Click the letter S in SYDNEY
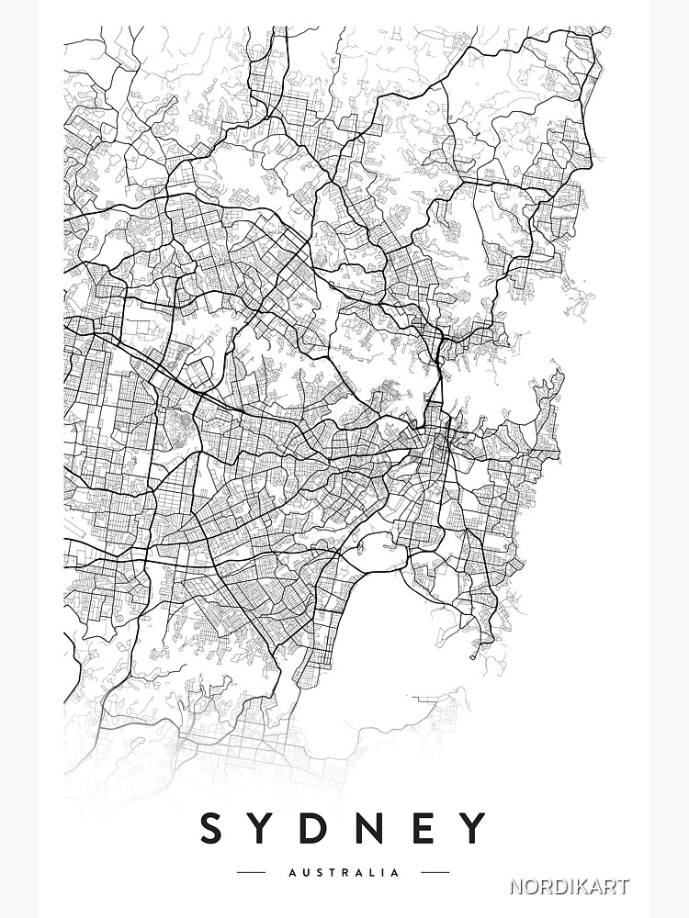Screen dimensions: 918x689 [213, 828]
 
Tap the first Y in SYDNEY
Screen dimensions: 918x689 [265, 828]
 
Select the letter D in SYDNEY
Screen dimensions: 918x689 [321, 828]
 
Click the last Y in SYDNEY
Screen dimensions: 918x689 [473, 828]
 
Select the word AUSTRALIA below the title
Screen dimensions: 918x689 [344, 873]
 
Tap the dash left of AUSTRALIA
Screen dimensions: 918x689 [251, 873]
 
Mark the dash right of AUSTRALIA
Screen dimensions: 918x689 [436, 873]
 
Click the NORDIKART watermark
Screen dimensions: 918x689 [570, 887]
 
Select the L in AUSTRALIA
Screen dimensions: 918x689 [372, 873]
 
